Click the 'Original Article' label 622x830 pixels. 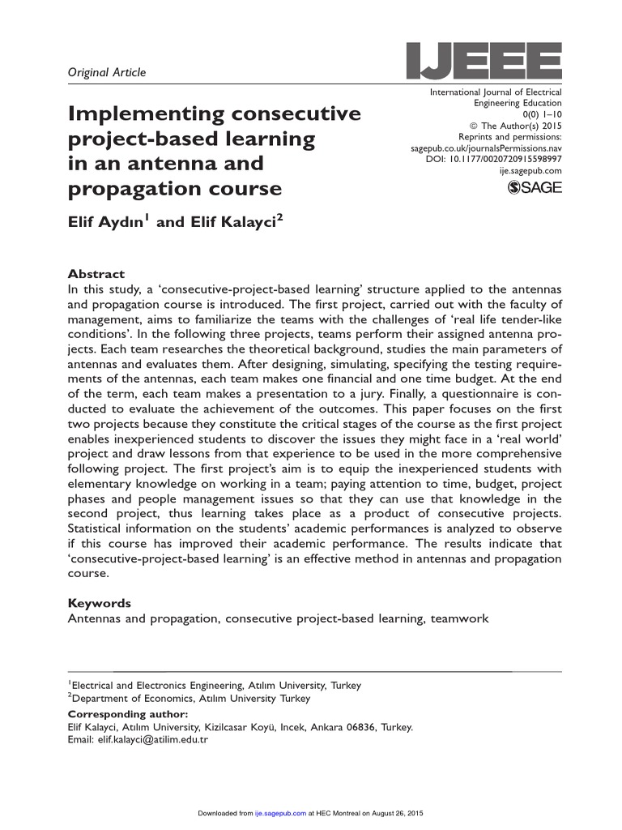pyautogui.click(x=106, y=73)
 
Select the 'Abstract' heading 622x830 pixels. pyautogui.click(x=96, y=274)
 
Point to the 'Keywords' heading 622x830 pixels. pyautogui.click(x=99, y=604)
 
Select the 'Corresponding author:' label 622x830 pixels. pyautogui.click(x=127, y=714)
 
